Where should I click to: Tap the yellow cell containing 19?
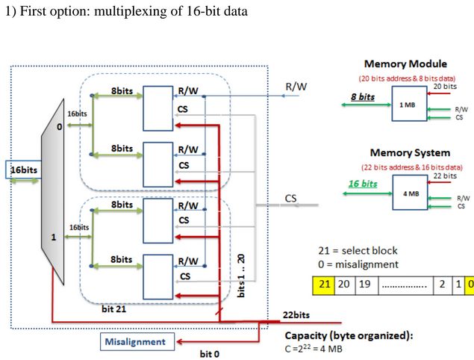tap(365, 285)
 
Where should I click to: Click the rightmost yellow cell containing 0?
tap(469, 285)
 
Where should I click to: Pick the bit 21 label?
tap(113, 308)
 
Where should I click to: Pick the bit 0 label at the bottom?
tap(210, 353)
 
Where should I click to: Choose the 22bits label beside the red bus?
tap(297, 314)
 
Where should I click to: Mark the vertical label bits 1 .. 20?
tap(241, 275)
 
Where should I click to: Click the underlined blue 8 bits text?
tap(362, 97)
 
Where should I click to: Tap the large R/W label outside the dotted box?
tap(297, 86)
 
